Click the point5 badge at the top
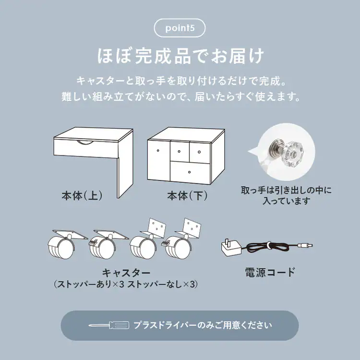point(180,28)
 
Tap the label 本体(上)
point(82,196)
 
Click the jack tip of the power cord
point(307,245)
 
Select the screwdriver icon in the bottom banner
point(108,325)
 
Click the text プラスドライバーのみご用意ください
point(203,325)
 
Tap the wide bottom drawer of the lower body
point(190,171)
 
